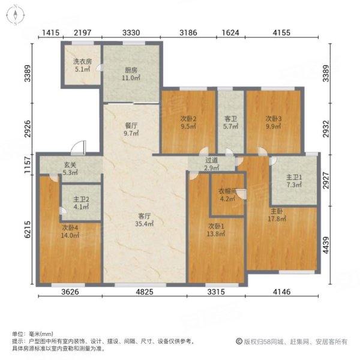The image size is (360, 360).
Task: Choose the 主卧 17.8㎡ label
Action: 276,215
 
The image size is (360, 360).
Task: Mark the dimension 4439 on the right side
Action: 326,244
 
